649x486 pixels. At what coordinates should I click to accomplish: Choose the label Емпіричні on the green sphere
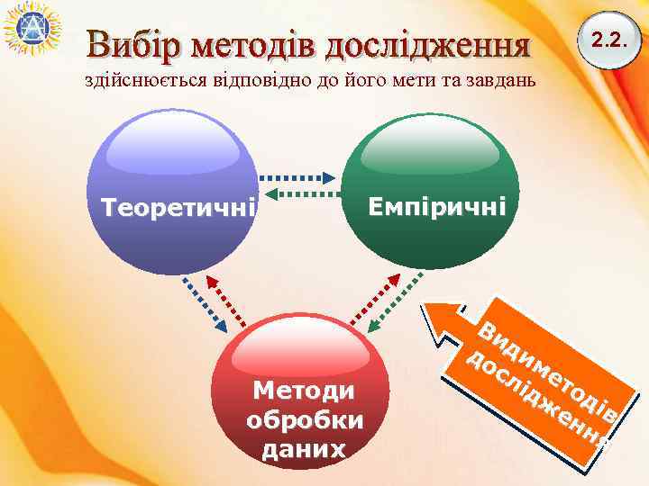click(437, 207)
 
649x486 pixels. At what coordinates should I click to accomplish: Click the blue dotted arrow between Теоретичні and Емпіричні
click(299, 177)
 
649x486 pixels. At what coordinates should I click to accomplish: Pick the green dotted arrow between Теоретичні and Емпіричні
click(299, 193)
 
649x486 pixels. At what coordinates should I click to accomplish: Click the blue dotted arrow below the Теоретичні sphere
click(205, 302)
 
